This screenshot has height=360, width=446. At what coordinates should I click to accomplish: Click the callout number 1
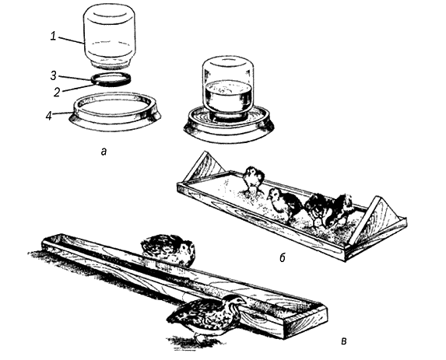[53, 37]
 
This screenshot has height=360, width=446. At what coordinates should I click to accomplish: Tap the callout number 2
[57, 93]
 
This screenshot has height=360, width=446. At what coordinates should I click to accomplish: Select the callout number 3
[54, 76]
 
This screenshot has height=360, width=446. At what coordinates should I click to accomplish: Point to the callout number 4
[49, 115]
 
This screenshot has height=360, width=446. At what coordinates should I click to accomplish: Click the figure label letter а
[104, 152]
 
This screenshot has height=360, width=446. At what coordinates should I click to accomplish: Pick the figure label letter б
[283, 258]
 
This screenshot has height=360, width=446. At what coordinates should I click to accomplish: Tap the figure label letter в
[344, 341]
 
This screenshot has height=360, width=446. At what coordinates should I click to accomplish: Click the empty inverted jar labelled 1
[109, 37]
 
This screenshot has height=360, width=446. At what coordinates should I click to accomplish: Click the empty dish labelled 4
[115, 112]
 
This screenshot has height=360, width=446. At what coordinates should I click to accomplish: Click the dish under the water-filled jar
[229, 123]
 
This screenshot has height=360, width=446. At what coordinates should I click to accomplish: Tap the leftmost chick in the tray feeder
[253, 180]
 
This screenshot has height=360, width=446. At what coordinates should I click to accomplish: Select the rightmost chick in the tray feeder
[342, 208]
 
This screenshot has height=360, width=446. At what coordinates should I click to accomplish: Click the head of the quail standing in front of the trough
[236, 301]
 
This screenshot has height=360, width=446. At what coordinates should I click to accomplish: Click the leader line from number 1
[71, 40]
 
